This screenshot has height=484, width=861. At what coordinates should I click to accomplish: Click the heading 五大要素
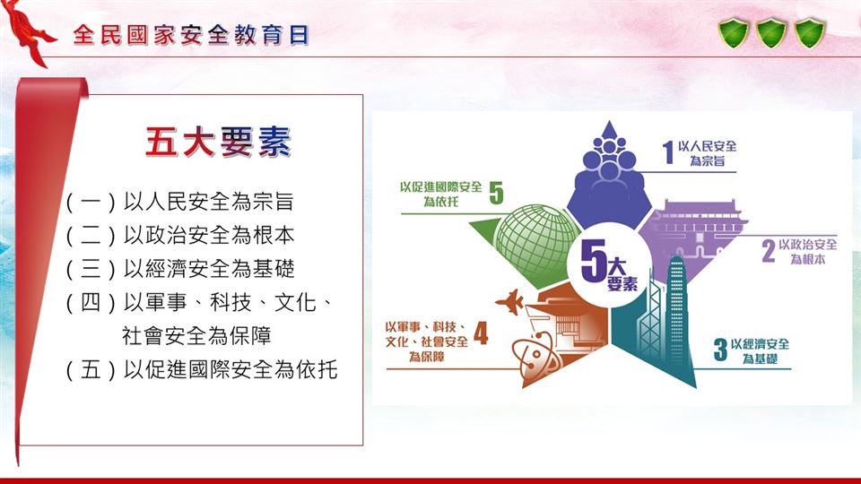point(218,143)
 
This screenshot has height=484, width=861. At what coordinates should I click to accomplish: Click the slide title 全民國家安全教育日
point(190,35)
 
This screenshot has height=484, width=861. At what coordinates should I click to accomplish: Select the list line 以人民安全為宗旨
point(209,202)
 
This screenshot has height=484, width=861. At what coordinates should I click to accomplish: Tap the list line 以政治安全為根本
point(209,236)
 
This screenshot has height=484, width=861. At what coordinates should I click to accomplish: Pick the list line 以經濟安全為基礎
point(209,269)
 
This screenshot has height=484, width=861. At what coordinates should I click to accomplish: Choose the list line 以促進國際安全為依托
point(230,369)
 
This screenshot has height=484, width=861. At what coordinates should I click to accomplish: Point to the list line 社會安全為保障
point(196,336)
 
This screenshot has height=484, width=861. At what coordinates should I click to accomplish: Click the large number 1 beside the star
point(667,152)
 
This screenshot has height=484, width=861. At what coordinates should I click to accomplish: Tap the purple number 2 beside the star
point(769,251)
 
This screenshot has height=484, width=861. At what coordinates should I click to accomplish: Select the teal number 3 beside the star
point(720,350)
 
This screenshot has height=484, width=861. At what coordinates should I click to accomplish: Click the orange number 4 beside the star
point(481,333)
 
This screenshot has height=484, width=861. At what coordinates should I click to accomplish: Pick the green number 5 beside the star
point(496,193)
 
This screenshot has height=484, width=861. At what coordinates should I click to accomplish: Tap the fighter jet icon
point(510,302)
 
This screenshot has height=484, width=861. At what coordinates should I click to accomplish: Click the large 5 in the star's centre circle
point(593,262)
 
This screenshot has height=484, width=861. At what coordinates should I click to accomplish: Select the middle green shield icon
point(771,33)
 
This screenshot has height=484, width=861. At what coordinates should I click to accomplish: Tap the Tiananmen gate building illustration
point(691,230)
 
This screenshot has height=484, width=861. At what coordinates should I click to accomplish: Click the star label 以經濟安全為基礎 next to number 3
point(760,351)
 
